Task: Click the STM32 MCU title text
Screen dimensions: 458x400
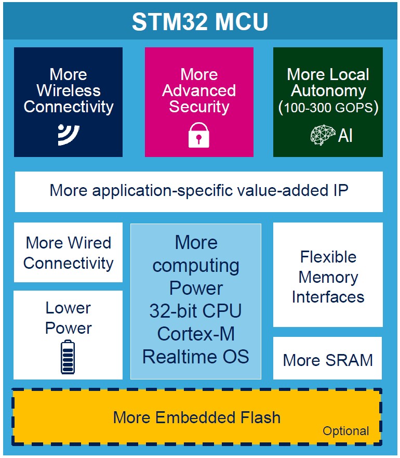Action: pyautogui.click(x=200, y=22)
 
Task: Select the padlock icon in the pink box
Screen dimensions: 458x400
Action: pyautogui.click(x=199, y=135)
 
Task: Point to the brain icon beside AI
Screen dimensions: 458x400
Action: pyautogui.click(x=323, y=135)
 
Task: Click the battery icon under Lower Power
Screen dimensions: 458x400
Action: pyautogui.click(x=68, y=357)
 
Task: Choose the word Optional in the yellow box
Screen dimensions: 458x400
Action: pyautogui.click(x=345, y=431)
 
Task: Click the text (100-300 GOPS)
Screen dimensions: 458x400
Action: pyautogui.click(x=328, y=108)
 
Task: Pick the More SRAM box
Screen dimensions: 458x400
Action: pyautogui.click(x=328, y=360)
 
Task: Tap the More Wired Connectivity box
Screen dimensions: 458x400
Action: pyautogui.click(x=68, y=253)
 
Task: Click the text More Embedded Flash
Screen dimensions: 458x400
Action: pyautogui.click(x=196, y=417)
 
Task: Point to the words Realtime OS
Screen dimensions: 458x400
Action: pyautogui.click(x=196, y=357)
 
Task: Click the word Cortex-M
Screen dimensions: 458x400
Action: pyautogui.click(x=196, y=333)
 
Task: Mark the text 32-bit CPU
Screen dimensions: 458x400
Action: pyautogui.click(x=196, y=311)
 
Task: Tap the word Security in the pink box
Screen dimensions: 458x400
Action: pyautogui.click(x=199, y=107)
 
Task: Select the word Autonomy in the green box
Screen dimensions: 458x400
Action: pyautogui.click(x=328, y=90)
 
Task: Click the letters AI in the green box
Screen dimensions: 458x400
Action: pyautogui.click(x=345, y=136)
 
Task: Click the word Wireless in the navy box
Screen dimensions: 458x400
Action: pyautogui.click(x=68, y=90)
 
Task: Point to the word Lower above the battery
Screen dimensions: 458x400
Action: pyautogui.click(x=68, y=308)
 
